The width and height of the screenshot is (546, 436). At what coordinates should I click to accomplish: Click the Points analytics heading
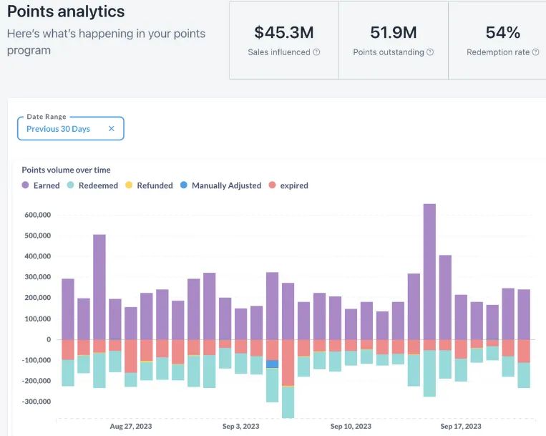(x=66, y=12)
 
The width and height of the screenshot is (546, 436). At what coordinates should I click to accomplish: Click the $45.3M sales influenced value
(x=283, y=32)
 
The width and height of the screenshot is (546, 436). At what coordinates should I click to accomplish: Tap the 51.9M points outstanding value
(x=394, y=32)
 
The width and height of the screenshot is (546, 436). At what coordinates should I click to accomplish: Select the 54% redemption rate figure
(x=502, y=32)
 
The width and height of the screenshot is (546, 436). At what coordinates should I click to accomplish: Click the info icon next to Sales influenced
(x=316, y=52)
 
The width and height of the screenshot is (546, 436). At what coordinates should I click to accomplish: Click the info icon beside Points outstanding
(x=430, y=52)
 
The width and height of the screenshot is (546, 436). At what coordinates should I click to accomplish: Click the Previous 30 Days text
(x=58, y=129)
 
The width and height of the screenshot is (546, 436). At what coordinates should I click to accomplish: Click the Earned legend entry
(x=41, y=185)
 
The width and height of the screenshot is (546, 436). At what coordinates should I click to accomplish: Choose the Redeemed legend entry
(x=94, y=185)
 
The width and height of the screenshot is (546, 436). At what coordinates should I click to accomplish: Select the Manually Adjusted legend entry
(x=220, y=185)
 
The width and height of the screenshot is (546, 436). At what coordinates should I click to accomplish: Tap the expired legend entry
(x=288, y=185)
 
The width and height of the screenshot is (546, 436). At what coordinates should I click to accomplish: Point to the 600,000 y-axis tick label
(x=37, y=215)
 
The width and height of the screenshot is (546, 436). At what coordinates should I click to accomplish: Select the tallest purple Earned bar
(x=429, y=272)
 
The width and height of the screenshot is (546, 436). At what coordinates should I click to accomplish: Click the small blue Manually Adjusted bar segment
(x=272, y=364)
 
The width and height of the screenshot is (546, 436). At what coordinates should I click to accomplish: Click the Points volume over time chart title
(x=66, y=170)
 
